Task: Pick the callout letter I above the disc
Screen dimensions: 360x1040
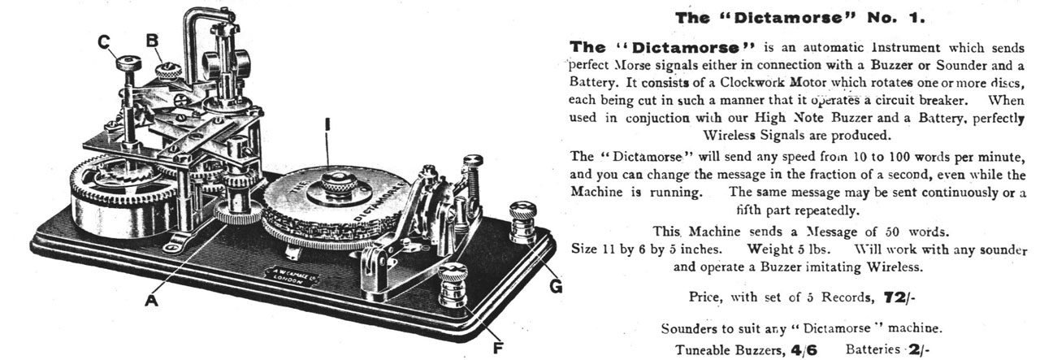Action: point(327,126)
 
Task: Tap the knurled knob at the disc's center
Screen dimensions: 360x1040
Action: point(333,180)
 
